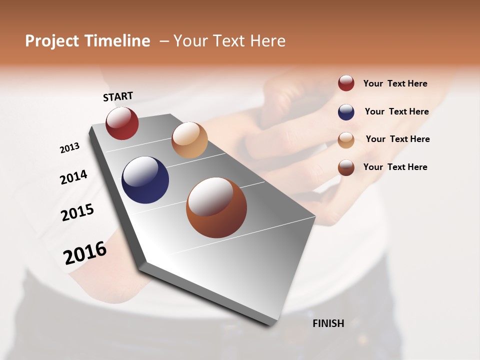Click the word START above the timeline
click(118, 96)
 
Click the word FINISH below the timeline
click(328, 323)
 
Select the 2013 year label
click(69, 148)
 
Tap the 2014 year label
click(73, 177)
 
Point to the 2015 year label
click(77, 212)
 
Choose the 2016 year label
click(85, 252)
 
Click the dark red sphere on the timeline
click(122, 123)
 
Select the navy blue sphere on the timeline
click(145, 180)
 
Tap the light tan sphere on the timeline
click(189, 140)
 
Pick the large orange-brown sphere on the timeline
click(216, 207)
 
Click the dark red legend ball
click(346, 83)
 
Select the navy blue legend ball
click(346, 112)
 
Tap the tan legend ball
click(346, 140)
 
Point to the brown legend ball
click(346, 167)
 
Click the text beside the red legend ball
click(395, 83)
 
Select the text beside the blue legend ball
click(396, 111)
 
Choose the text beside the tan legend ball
click(397, 139)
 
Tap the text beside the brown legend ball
click(395, 167)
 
